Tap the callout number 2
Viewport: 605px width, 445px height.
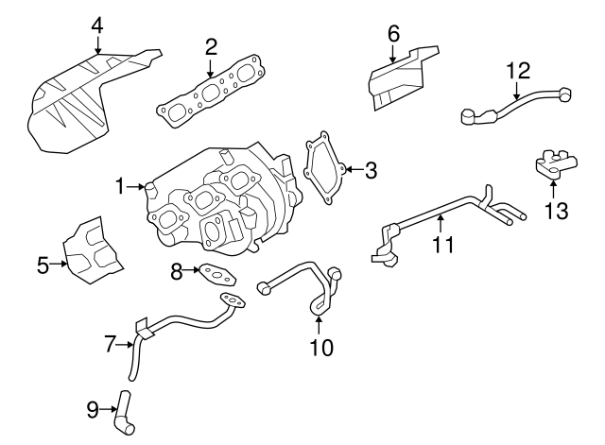[x=210, y=46]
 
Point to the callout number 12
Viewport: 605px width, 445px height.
[x=518, y=70]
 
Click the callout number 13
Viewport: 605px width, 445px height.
[x=556, y=211]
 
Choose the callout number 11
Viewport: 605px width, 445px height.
[x=442, y=245]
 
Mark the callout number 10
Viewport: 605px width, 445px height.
[x=321, y=348]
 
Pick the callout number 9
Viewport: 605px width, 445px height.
[x=93, y=409]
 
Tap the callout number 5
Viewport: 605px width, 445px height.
[x=43, y=265]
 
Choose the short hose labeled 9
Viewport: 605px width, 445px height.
[x=123, y=415]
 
